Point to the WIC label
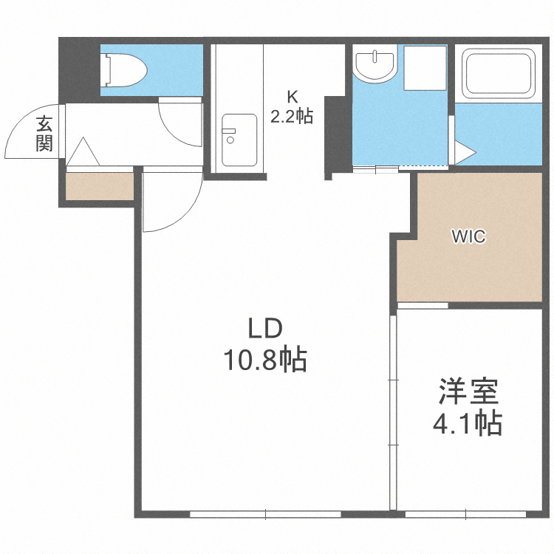click(x=468, y=237)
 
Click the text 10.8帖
click(x=265, y=360)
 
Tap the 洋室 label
click(x=468, y=391)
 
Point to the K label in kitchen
click(x=292, y=95)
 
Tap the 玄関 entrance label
click(x=44, y=134)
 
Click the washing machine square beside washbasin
click(x=425, y=69)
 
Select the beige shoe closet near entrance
click(x=99, y=185)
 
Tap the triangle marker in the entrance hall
click(x=83, y=152)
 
